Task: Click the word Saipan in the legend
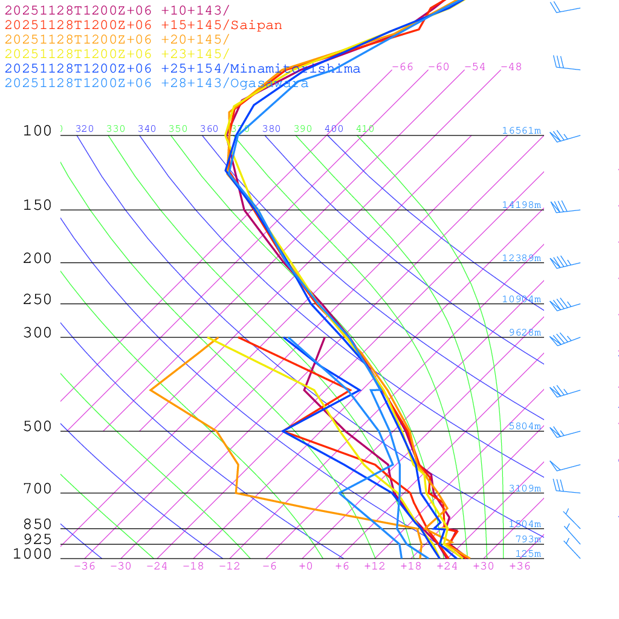pyautogui.click(x=256, y=25)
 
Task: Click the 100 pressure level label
pyautogui.click(x=37, y=131)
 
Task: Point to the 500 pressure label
pyautogui.click(x=37, y=427)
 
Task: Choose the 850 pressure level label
pyautogui.click(x=37, y=525)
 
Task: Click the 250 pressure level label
pyautogui.click(x=37, y=300)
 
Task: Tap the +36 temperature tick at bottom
pyautogui.click(x=520, y=566)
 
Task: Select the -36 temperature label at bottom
pyautogui.click(x=85, y=566)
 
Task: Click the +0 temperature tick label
pyautogui.click(x=306, y=566)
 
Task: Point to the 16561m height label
pyautogui.click(x=521, y=131)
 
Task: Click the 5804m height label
pyautogui.click(x=525, y=426)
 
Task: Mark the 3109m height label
pyautogui.click(x=525, y=488)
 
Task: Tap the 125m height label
pyautogui.click(x=528, y=554)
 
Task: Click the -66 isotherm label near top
pyautogui.click(x=402, y=67)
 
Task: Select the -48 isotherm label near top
pyautogui.click(x=511, y=67)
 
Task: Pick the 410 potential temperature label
pyautogui.click(x=365, y=129)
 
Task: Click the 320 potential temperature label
pyautogui.click(x=85, y=129)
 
